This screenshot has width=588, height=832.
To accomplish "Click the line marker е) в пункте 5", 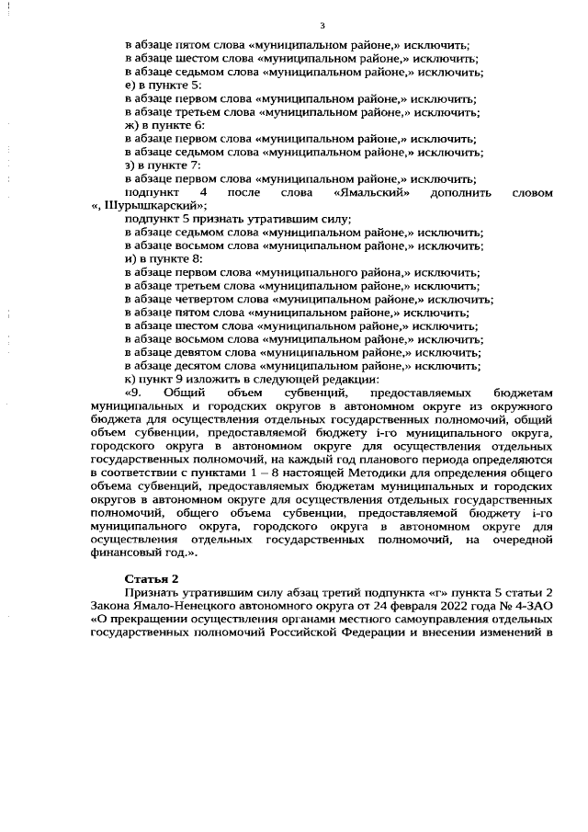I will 163,85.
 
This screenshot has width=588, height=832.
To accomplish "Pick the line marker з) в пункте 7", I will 163,165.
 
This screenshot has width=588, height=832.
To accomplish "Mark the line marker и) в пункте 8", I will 163,260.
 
